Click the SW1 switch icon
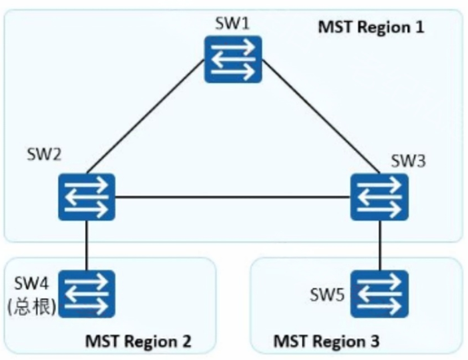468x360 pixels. (233, 59)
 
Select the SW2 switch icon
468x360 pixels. (87, 197)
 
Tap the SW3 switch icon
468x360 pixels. (380, 197)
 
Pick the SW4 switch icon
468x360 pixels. (87, 294)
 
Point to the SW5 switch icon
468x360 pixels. (380, 294)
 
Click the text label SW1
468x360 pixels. (232, 24)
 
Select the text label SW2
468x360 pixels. (44, 155)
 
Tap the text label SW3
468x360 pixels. (408, 161)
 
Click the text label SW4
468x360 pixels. (31, 283)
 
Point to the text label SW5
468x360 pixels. (327, 295)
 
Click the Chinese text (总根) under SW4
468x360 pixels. (31, 307)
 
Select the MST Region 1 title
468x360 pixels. (371, 27)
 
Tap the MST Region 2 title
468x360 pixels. (138, 341)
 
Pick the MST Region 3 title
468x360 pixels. (326, 341)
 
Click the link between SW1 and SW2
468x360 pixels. (146, 116)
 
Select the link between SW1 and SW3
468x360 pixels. (321, 116)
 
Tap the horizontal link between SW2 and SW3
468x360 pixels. (233, 197)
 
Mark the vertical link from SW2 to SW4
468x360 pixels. (87, 245)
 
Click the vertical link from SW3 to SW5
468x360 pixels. (381, 245)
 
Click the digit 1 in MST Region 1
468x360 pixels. (420, 27)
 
